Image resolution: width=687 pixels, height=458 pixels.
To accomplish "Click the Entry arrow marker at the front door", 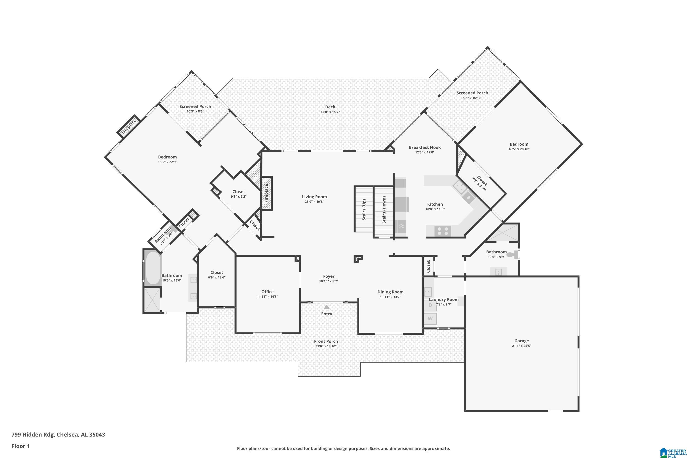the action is point(327,307).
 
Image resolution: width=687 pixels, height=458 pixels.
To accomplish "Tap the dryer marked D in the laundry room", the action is point(430,305).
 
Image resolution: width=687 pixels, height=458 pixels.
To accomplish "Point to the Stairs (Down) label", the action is point(384,210).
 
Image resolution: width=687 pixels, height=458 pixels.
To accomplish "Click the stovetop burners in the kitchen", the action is point(442,231).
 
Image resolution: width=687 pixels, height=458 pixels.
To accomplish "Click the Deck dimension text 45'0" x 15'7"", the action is point(330,112).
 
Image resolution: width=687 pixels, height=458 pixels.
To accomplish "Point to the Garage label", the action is point(522,341).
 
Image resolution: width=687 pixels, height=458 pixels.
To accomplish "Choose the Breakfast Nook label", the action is point(425,147).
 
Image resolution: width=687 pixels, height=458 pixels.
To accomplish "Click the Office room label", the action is point(267,292).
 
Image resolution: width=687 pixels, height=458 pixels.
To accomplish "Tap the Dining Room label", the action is point(390,292).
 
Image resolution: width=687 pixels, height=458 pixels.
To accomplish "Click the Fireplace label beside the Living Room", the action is point(266,193).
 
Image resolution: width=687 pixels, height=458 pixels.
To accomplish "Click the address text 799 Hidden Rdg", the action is point(33,435).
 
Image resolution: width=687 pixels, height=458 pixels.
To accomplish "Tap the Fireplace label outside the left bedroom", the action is point(129,126).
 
